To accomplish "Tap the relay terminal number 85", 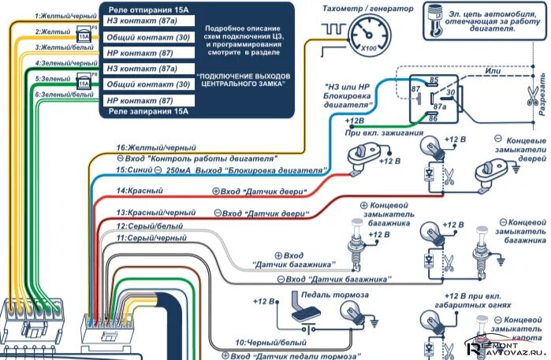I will click(434, 80).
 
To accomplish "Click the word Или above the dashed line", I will click(494, 72).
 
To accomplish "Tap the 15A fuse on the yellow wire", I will click(84, 35).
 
